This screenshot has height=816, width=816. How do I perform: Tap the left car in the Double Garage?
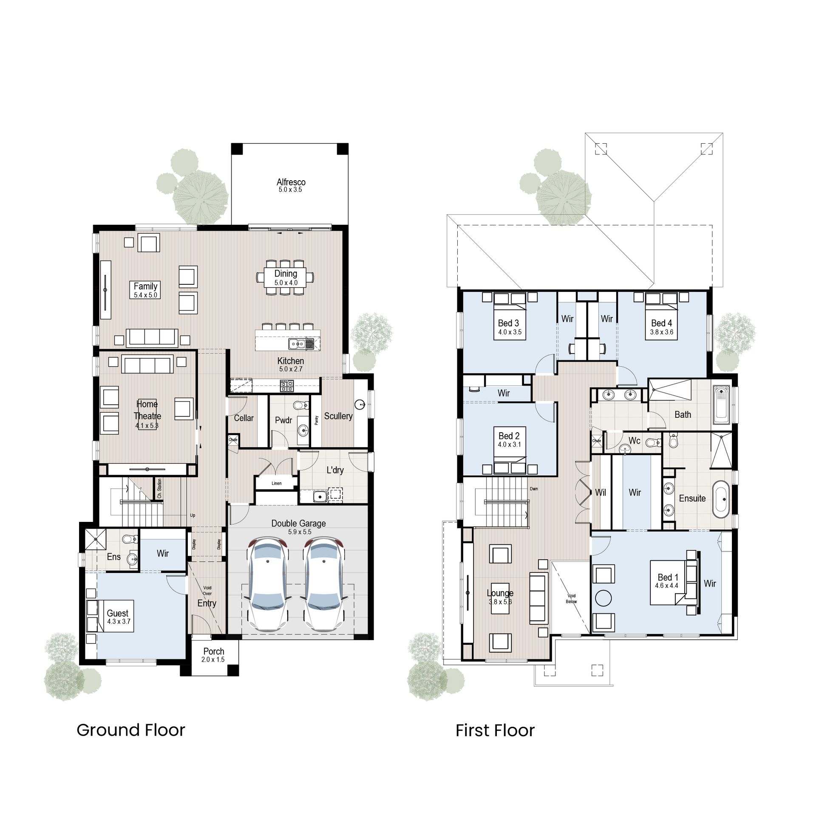click(268, 584)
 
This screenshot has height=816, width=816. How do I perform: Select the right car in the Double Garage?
click(324, 584)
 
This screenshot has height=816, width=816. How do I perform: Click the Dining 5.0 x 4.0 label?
click(286, 278)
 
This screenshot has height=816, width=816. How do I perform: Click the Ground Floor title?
click(130, 730)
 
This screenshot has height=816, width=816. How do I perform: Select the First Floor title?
click(495, 731)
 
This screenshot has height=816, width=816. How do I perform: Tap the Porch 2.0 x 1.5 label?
click(213, 655)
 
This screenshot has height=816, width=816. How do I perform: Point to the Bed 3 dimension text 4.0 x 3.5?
click(510, 332)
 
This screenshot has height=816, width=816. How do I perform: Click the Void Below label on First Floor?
click(571, 598)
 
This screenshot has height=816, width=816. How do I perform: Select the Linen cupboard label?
click(277, 483)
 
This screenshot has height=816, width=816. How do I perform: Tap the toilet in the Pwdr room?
click(300, 404)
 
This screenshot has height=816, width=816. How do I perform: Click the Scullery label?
click(338, 416)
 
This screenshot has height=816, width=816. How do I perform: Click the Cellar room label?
click(244, 418)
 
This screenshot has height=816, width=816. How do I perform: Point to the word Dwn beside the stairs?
click(534, 489)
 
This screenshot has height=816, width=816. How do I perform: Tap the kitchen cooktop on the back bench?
click(286, 386)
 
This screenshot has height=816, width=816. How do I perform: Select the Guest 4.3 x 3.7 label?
click(118, 617)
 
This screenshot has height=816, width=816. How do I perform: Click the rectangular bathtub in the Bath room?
click(721, 405)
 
